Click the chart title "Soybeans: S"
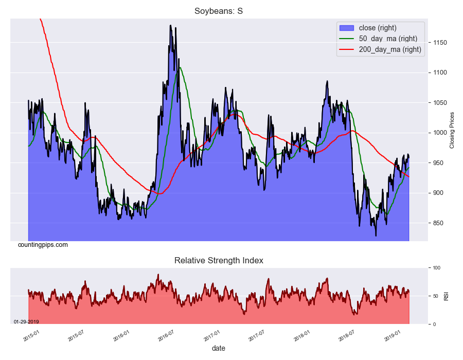(219, 11)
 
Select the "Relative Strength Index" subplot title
(219, 261)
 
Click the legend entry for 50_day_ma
(387, 39)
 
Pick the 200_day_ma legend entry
(389, 49)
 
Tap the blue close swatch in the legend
(346, 28)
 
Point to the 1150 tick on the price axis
(439, 43)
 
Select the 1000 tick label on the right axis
(439, 133)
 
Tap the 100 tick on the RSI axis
(436, 268)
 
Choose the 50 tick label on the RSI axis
(435, 296)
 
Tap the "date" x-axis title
(218, 348)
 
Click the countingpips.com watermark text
(43, 245)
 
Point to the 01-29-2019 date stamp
(26, 322)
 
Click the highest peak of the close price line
(170, 25)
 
